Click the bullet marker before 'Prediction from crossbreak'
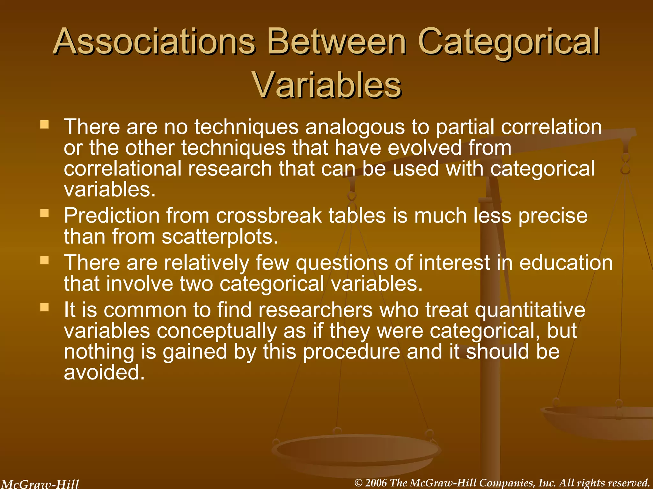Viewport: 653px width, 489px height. [45, 213]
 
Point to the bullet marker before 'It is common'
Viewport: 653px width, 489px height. [45, 307]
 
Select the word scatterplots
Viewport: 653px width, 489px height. [220, 237]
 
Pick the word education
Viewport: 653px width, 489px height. [566, 263]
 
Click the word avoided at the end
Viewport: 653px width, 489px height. [104, 372]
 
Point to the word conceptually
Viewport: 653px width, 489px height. [216, 331]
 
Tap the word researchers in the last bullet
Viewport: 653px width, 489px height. [315, 310]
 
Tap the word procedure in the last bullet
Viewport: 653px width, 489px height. [351, 351]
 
